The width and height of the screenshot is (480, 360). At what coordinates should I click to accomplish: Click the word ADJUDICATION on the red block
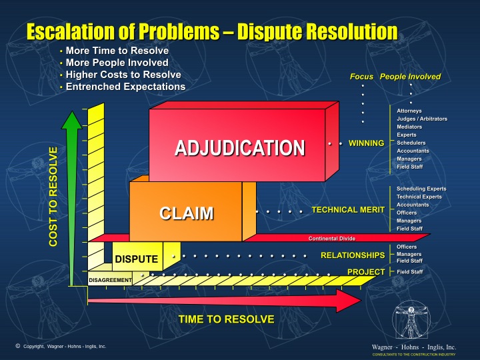click(240, 147)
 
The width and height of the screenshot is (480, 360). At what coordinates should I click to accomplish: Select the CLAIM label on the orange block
click(187, 213)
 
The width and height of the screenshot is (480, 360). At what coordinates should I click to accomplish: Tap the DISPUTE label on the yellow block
click(136, 259)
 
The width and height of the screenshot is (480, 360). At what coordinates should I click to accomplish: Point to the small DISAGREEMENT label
click(110, 280)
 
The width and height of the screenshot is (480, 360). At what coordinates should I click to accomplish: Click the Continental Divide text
click(331, 238)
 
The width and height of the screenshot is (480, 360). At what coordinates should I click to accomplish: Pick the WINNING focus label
click(366, 143)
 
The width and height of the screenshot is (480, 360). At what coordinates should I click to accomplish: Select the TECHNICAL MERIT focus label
click(348, 210)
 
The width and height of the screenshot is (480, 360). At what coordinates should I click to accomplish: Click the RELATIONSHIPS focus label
click(353, 255)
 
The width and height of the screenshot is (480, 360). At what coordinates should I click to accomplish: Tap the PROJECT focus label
click(366, 271)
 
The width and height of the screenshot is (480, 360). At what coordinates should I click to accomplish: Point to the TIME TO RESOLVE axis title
click(226, 319)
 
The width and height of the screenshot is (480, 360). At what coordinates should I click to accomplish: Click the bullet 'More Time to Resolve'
click(117, 51)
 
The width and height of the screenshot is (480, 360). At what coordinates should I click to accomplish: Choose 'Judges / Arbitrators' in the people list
click(422, 119)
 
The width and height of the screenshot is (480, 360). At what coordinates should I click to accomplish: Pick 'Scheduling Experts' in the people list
click(421, 189)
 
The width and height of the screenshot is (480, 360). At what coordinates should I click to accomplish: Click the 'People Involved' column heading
click(410, 77)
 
